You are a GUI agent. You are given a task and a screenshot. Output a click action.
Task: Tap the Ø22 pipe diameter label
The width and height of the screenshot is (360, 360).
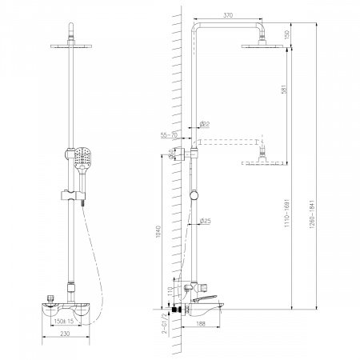point(204,123)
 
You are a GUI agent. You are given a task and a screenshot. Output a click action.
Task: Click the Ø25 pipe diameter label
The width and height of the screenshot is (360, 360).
point(205,220)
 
